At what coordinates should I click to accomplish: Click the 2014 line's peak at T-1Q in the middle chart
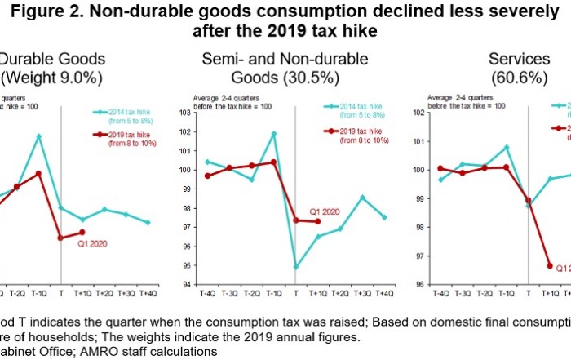pyautogui.click(x=272, y=133)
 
